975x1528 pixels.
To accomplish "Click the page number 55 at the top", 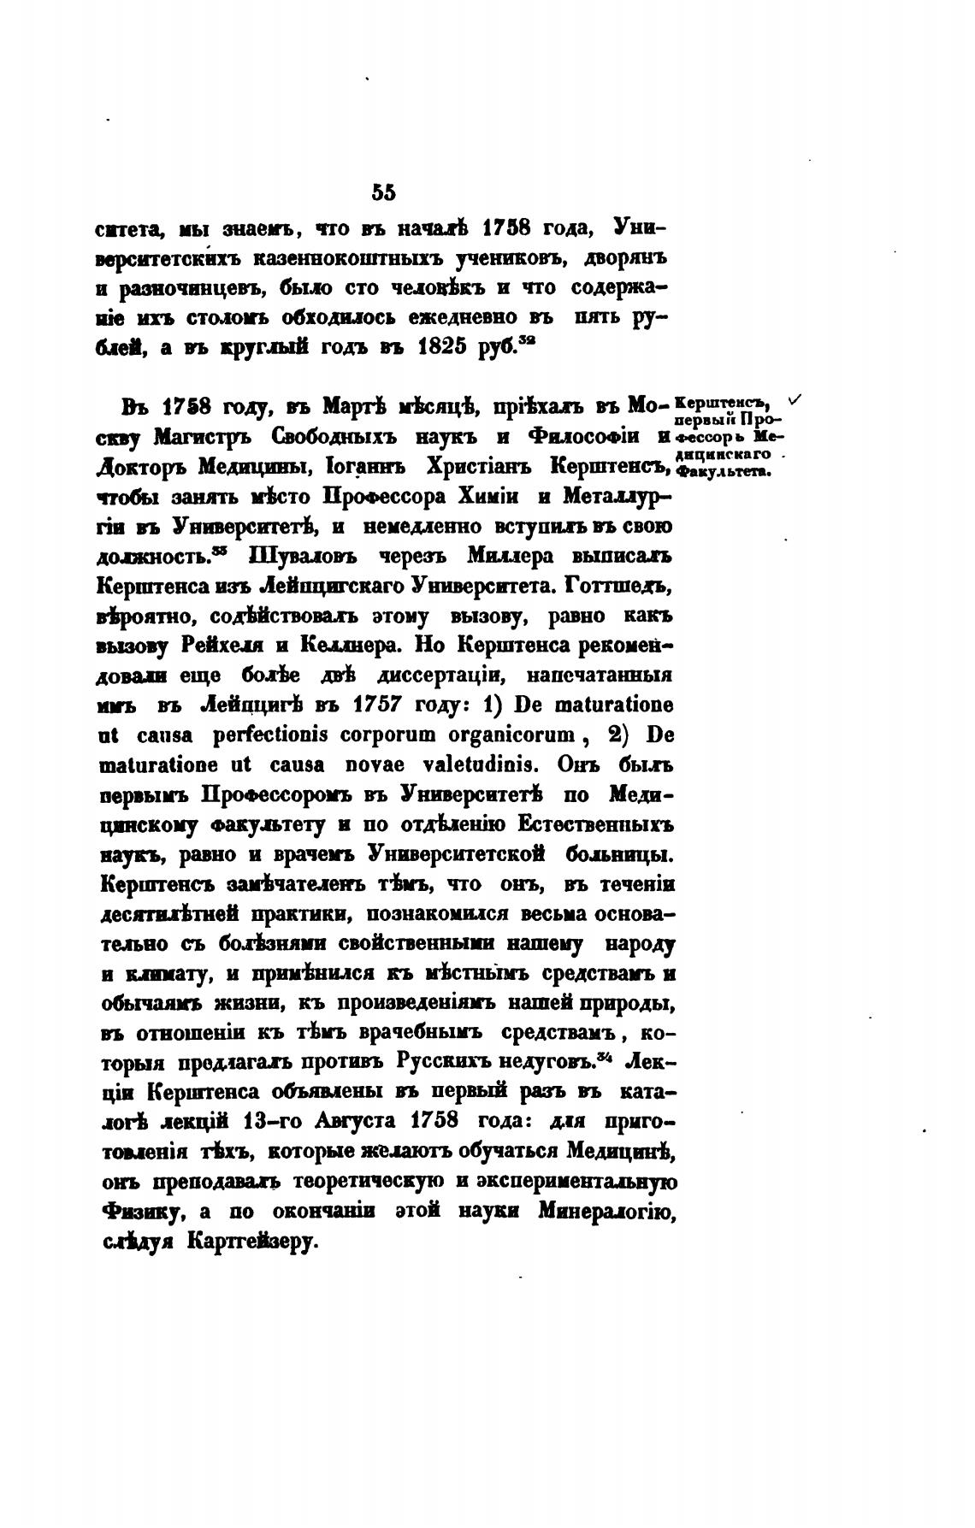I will click(x=384, y=193).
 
